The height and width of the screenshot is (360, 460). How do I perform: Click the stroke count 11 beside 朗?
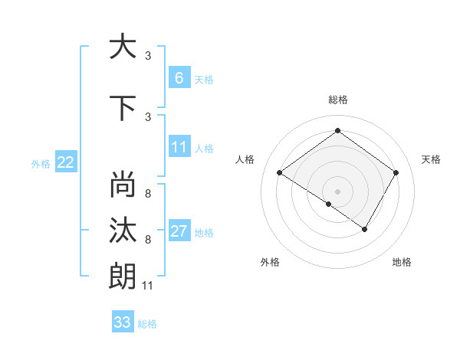click(148, 286)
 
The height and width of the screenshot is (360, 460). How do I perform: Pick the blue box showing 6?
click(179, 77)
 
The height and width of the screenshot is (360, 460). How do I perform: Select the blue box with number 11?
click(179, 147)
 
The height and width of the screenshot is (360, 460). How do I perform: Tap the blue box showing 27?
click(179, 231)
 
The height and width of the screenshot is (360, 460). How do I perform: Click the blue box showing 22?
click(66, 162)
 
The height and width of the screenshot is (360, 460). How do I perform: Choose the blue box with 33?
click(122, 322)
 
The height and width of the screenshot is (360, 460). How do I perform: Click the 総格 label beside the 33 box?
click(147, 324)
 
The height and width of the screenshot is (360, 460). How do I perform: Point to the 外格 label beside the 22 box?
click(41, 163)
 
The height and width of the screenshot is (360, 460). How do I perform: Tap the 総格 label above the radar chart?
click(337, 100)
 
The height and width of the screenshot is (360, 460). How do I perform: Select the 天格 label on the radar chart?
click(431, 159)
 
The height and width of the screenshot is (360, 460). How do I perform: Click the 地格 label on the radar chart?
click(402, 262)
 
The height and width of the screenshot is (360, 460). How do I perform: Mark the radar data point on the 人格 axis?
click(279, 173)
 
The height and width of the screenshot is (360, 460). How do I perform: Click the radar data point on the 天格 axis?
click(396, 173)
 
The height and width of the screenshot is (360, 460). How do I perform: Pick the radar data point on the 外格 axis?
click(329, 204)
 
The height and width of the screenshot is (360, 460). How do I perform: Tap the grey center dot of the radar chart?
click(337, 191)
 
